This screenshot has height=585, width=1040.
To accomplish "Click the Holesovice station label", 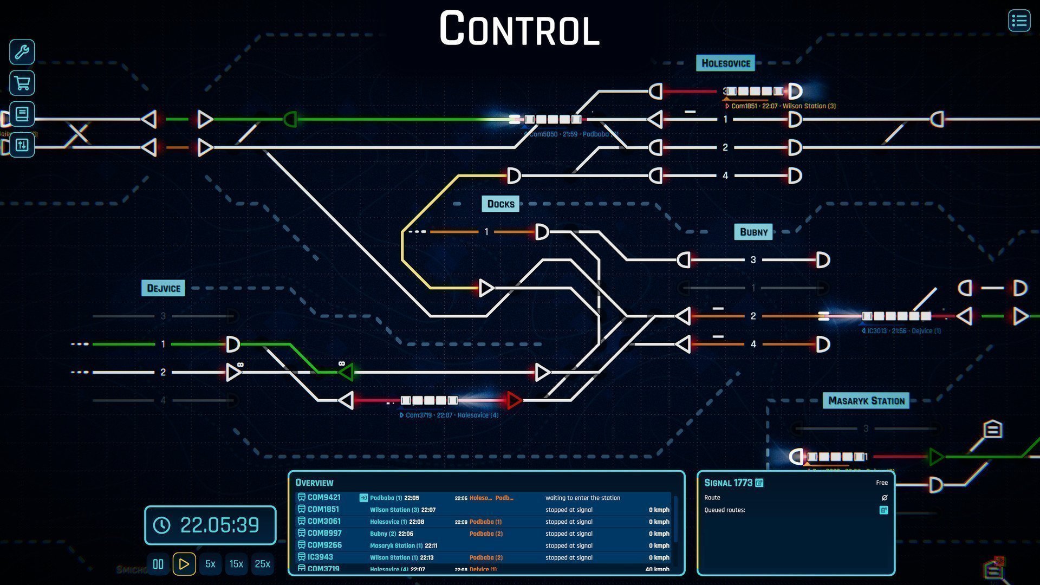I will [725, 63].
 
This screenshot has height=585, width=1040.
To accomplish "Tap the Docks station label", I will [500, 204].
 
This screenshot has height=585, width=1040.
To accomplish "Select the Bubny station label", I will [753, 232].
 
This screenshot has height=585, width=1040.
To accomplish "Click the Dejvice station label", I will [163, 288].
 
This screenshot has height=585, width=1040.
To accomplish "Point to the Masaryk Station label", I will [866, 401].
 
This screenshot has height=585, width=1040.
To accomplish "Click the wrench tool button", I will [22, 52].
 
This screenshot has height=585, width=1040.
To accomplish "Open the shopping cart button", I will [22, 83].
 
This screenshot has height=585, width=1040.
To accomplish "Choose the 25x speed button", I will [262, 564].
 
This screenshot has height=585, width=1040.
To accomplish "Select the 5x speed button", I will [210, 564].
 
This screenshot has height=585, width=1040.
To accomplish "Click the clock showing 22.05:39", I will [210, 525].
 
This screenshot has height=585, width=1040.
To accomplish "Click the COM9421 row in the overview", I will [324, 497].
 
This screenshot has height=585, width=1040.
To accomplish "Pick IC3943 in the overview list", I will [320, 557].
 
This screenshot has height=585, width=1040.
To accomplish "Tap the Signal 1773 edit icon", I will [759, 483].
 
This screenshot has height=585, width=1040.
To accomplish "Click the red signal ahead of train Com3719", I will [513, 401].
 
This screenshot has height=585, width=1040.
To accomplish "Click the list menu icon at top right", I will [1019, 21].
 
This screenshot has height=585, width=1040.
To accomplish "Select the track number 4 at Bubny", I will [753, 344].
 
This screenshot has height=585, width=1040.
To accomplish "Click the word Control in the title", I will [519, 29].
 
